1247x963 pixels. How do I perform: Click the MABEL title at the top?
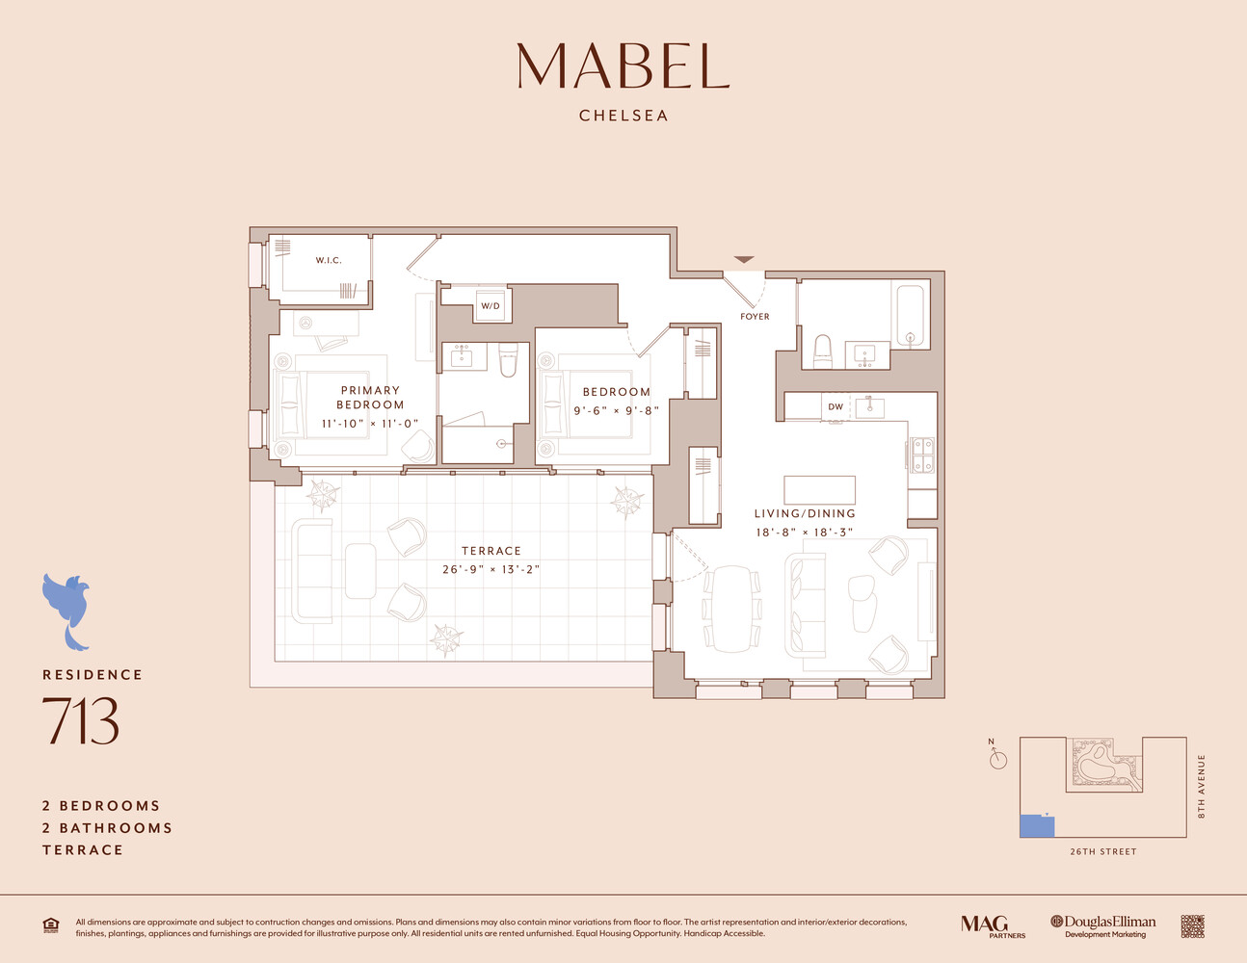click(623, 65)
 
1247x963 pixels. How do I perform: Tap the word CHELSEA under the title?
click(623, 116)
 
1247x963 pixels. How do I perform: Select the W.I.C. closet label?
click(329, 260)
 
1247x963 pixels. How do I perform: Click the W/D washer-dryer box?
click(491, 306)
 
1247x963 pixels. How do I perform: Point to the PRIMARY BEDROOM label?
click(370, 398)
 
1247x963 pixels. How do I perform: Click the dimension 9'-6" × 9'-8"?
click(616, 410)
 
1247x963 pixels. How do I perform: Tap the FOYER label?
click(755, 316)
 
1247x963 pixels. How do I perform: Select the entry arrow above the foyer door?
click(744, 260)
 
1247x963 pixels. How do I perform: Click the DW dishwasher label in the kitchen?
click(836, 406)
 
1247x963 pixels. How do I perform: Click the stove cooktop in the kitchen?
click(922, 455)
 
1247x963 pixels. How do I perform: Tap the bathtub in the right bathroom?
click(909, 315)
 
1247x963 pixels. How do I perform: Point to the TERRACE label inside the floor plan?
click(491, 551)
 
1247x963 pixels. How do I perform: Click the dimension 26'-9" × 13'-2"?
click(491, 569)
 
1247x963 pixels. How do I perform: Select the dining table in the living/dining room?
click(731, 608)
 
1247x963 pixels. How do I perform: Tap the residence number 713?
click(80, 722)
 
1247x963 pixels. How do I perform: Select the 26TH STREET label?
click(1102, 851)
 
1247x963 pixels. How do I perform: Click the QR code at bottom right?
click(1192, 926)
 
